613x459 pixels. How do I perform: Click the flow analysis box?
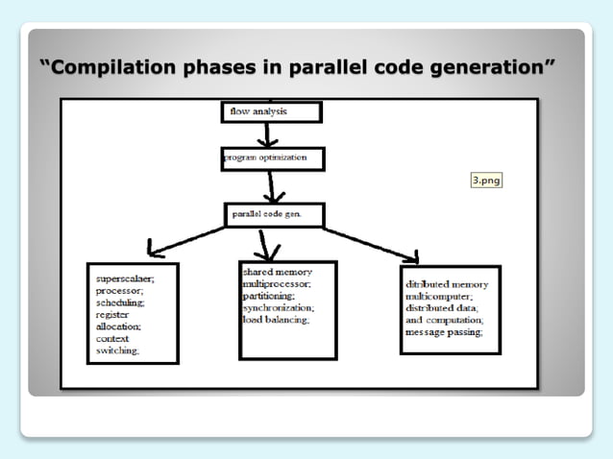pyautogui.click(x=271, y=111)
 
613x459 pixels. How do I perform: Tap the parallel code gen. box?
pyautogui.click(x=275, y=214)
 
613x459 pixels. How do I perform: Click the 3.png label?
pyautogui.click(x=486, y=180)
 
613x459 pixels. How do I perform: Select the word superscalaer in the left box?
pyautogui.click(x=125, y=278)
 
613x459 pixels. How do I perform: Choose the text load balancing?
pyautogui.click(x=276, y=320)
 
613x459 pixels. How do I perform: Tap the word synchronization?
pyautogui.click(x=279, y=308)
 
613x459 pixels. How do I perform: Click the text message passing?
pyautogui.click(x=445, y=331)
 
